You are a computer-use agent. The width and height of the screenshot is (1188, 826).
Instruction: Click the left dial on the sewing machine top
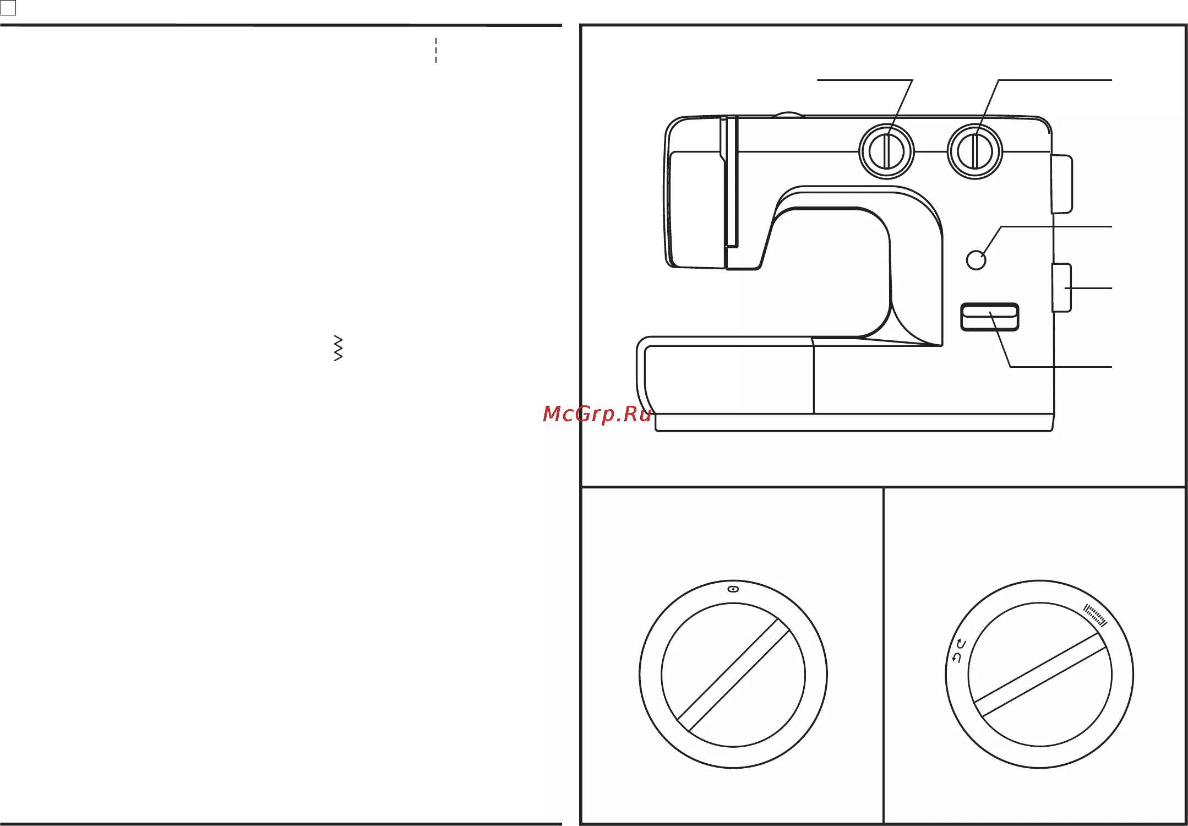[x=886, y=151]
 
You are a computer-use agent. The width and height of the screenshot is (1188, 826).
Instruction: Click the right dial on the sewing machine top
[x=974, y=151]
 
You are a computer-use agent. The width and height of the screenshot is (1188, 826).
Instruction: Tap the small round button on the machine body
[x=976, y=260]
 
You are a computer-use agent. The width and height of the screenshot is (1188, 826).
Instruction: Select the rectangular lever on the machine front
[x=990, y=317]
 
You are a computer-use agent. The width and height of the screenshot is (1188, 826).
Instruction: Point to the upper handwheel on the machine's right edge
[x=1062, y=184]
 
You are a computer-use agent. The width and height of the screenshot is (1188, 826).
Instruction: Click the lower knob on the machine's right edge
[x=1061, y=288]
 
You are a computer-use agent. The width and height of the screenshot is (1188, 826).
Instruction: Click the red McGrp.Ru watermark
[x=597, y=414]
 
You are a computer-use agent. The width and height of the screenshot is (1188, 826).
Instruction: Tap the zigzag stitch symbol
[x=339, y=348]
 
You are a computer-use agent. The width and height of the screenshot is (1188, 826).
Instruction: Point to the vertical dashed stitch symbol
[x=436, y=50]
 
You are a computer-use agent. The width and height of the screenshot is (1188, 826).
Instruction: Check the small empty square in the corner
[x=8, y=8]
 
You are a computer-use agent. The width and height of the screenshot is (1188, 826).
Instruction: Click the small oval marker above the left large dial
[x=733, y=589]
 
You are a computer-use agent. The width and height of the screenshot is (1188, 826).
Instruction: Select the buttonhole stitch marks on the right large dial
[x=1095, y=616]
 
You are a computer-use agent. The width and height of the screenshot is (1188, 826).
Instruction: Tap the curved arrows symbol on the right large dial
[x=959, y=651]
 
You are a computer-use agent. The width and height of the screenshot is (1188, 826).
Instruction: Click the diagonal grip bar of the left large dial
[x=733, y=675]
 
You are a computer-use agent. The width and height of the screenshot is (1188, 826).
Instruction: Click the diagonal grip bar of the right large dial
[x=1040, y=675]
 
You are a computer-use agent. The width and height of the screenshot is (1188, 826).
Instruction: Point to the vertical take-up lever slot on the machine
[x=732, y=182]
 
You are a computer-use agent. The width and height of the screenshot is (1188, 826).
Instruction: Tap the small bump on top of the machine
[x=788, y=115]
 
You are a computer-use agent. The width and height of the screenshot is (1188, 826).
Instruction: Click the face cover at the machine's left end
[x=695, y=192]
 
